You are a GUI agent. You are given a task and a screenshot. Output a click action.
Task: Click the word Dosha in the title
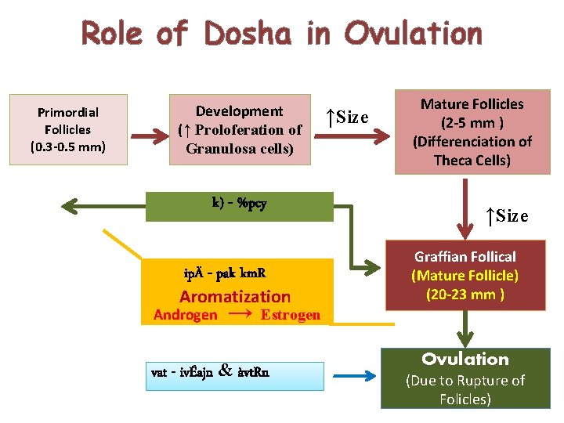[248, 34]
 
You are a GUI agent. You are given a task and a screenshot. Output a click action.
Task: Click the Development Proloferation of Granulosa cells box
[240, 130]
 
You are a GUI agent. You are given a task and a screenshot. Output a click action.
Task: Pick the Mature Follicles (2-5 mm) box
[472, 132]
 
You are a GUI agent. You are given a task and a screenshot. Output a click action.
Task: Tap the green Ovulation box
[465, 378]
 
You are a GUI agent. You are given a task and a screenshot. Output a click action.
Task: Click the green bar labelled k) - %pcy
[240, 206]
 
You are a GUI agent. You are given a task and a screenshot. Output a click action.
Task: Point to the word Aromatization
[235, 296]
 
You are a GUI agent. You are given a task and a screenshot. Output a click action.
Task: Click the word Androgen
[186, 315]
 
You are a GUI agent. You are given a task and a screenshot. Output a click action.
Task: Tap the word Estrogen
[291, 315]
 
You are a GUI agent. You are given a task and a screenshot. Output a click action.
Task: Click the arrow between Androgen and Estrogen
[240, 313]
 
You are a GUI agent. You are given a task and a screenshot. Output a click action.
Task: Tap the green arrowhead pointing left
[72, 206]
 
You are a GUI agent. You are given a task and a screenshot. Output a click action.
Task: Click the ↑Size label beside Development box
[347, 117]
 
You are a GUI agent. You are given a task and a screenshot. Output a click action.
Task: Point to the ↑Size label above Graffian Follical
[506, 215]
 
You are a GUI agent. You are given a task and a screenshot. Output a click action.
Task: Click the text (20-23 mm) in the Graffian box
[465, 295]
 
